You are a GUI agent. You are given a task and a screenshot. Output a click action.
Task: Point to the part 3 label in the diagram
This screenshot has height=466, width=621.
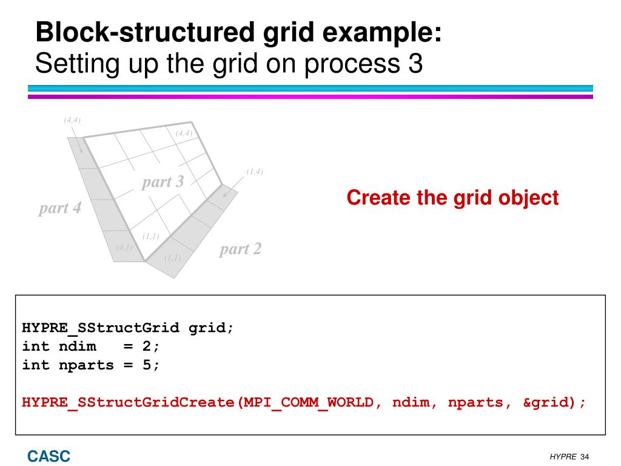click(163, 181)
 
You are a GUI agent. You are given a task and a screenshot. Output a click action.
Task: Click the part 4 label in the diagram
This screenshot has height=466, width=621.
click(59, 208)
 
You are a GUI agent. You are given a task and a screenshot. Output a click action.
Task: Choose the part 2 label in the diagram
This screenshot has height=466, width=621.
click(240, 249)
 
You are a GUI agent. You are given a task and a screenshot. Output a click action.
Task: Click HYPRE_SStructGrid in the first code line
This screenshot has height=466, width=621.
click(101, 328)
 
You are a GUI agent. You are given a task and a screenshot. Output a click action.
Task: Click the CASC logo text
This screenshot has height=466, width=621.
click(49, 456)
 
